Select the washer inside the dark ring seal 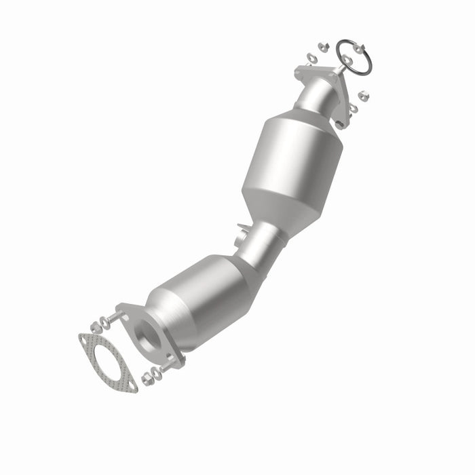click(x=348, y=60)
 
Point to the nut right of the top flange click(x=362, y=95)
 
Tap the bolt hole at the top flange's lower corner click(x=338, y=124)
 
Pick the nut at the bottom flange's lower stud click(x=146, y=377)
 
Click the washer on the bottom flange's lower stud click(x=157, y=373)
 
